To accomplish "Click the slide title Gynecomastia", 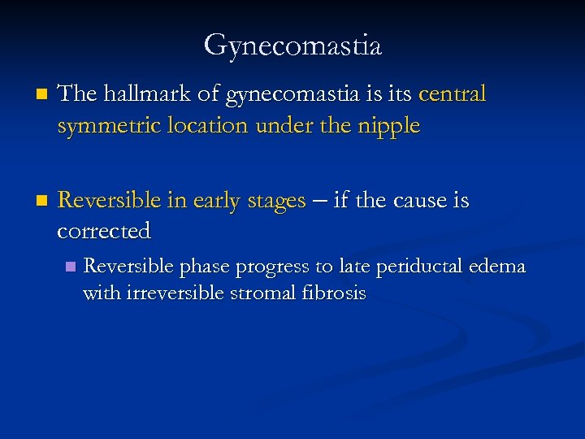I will pyautogui.click(x=292, y=46).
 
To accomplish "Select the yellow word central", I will pyautogui.click(x=453, y=94).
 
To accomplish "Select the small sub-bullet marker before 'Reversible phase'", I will pyautogui.click(x=70, y=267).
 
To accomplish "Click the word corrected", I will pyautogui.click(x=104, y=232).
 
